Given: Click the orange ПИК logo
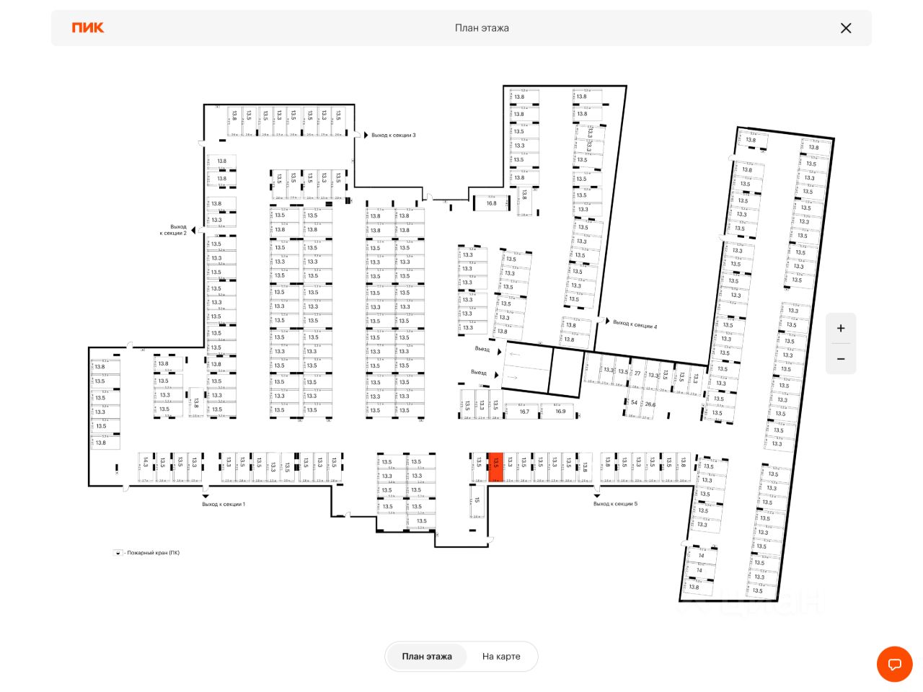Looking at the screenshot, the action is (x=88, y=27).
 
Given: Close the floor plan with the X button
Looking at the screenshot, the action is (x=846, y=28).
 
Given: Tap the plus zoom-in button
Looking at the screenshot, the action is (x=841, y=329).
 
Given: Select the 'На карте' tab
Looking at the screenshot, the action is (x=501, y=657).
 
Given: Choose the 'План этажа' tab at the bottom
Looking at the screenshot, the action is (x=427, y=657).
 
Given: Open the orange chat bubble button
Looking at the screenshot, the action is (x=895, y=664).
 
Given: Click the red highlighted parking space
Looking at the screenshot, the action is (x=495, y=467).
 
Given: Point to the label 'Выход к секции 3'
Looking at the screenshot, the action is (x=393, y=136).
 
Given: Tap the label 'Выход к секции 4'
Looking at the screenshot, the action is (x=635, y=325).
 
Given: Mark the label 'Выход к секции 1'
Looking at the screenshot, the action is (x=224, y=504).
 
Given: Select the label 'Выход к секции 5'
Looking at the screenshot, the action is (x=615, y=504).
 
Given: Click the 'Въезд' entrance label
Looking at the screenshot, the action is (x=482, y=349).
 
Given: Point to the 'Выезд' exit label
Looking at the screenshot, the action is (x=479, y=373).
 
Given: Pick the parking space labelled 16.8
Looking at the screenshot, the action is (x=491, y=204).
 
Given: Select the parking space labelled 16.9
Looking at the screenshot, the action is (x=560, y=412).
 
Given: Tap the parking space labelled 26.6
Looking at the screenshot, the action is (x=650, y=405).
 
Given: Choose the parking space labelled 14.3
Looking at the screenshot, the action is (x=145, y=463).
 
